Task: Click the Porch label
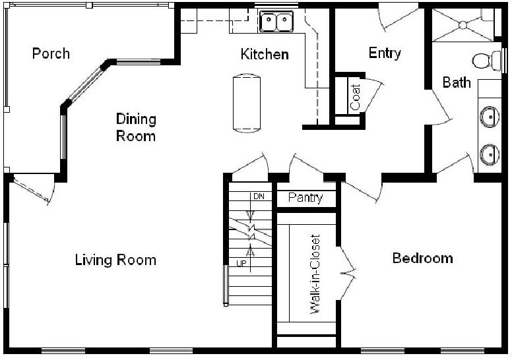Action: point(51,53)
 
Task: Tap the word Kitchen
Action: point(265,54)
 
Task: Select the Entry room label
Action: point(385,53)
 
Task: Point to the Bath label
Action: point(457,82)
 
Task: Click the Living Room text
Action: point(115,260)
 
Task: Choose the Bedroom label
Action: point(422,258)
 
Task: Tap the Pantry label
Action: point(305,198)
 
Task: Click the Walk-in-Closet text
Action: point(315,274)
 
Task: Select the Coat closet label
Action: point(355,97)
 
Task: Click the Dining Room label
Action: point(136,127)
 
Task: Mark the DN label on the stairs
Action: point(259,196)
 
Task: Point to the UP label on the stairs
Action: point(241,263)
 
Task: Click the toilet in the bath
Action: point(486,61)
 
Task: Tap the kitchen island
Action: point(247,103)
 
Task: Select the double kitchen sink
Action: point(276,21)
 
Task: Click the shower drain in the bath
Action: point(463,25)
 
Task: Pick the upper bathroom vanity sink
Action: point(490,117)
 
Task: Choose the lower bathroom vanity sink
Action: point(490,155)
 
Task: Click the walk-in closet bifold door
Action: point(348,273)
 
